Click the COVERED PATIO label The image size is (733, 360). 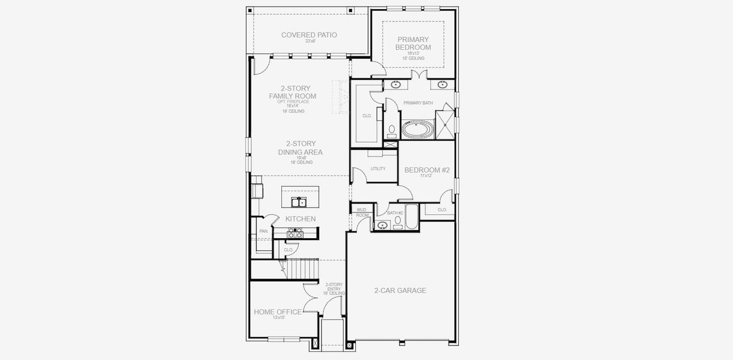[x=309, y=35]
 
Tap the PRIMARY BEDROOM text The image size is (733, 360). [x=413, y=43]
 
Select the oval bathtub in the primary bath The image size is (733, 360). [x=417, y=128]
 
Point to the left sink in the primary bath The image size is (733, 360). [x=396, y=85]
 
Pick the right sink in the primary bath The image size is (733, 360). [x=442, y=85]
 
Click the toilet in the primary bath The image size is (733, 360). [x=391, y=129]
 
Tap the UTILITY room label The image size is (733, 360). [x=378, y=169]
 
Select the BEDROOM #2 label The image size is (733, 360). [x=426, y=170]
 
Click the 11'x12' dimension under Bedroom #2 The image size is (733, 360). [x=426, y=176]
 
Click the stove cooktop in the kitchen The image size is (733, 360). [x=295, y=233]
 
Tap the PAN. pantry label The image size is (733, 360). [x=263, y=231]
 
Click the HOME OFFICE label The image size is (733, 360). [x=277, y=311]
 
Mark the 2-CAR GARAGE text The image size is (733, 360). [x=400, y=290]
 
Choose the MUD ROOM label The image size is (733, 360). [x=362, y=212]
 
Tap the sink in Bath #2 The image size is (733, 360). [x=381, y=226]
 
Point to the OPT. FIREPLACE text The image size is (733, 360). [x=293, y=101]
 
